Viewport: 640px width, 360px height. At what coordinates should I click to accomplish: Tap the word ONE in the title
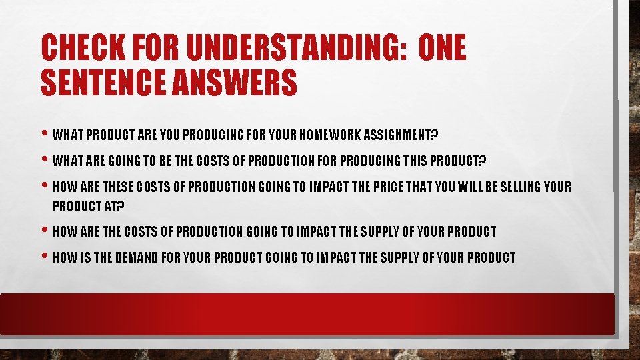point(443,49)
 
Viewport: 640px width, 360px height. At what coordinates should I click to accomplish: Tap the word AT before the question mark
point(107,206)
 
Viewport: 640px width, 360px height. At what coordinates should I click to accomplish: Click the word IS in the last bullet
point(84,257)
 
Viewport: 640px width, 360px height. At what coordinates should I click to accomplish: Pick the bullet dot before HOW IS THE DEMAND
point(44,257)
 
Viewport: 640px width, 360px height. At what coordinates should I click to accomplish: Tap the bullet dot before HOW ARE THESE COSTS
point(44,187)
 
